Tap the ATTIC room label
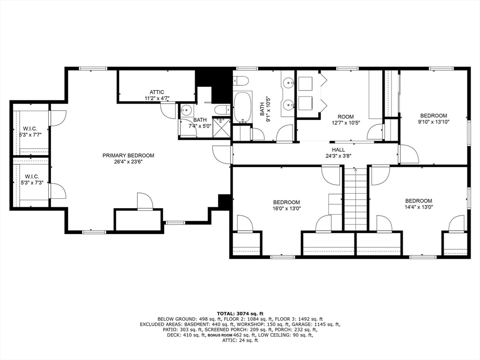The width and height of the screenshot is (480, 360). [157, 92]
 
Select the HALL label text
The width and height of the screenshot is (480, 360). [338, 150]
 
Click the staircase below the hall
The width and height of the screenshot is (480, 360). [355, 199]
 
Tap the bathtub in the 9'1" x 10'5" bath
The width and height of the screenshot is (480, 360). [243, 107]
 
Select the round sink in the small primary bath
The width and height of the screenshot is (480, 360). [187, 111]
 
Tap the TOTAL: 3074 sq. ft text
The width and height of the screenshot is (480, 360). [240, 313]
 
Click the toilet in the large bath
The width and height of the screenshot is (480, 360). [241, 80]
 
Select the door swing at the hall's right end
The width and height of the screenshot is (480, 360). [408, 155]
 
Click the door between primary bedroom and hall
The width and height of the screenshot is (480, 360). [223, 154]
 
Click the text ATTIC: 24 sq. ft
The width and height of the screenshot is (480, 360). [240, 340]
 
